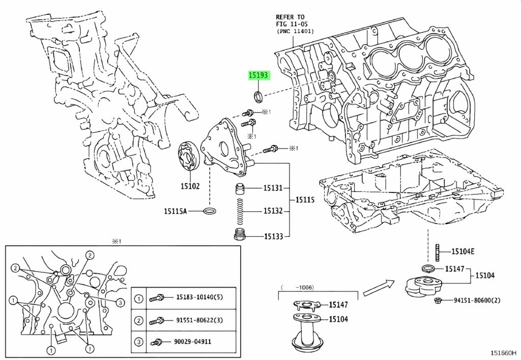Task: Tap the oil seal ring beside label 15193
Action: (x=258, y=96)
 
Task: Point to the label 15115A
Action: (x=176, y=211)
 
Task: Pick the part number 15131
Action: (x=273, y=188)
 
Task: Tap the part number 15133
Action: (x=273, y=236)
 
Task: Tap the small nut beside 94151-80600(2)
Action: (x=438, y=300)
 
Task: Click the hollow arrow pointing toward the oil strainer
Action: (x=380, y=287)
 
